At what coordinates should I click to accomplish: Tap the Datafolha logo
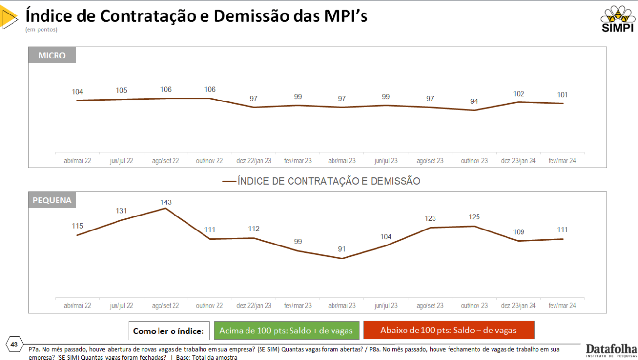[611, 350]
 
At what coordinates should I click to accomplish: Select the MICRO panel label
[52, 56]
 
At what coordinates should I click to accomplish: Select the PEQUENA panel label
[52, 200]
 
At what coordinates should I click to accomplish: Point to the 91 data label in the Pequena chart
[342, 249]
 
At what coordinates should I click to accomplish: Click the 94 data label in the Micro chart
[474, 101]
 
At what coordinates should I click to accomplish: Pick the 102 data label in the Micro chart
[518, 94]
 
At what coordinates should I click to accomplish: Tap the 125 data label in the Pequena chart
[474, 217]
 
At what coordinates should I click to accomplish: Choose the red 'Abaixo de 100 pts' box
[449, 331]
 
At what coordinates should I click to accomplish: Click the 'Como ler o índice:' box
[169, 331]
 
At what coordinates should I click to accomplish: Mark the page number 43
[14, 345]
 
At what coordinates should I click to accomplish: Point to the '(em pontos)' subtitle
[41, 30]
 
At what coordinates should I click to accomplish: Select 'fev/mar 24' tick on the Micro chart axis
[562, 161]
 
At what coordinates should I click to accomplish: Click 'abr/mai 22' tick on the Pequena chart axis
[77, 306]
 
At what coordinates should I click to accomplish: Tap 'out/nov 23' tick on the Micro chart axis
[474, 161]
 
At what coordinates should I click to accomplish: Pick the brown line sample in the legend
[229, 182]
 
